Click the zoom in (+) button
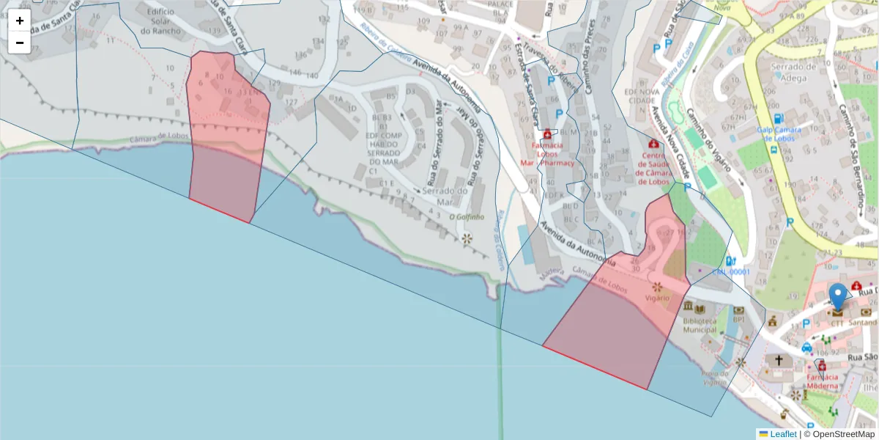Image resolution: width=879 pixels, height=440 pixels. [x=20, y=21]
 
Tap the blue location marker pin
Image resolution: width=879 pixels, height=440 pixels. [x=837, y=296]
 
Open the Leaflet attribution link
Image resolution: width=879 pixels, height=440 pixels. [x=783, y=434]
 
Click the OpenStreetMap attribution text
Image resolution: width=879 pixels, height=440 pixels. [x=839, y=434]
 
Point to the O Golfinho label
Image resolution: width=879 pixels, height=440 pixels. [x=467, y=217]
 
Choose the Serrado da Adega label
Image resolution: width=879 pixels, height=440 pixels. [x=793, y=72]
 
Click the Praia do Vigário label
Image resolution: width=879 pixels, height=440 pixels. [x=714, y=378]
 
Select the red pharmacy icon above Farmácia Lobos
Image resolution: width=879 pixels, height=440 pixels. [x=547, y=135]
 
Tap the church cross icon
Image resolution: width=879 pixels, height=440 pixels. [x=779, y=360]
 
